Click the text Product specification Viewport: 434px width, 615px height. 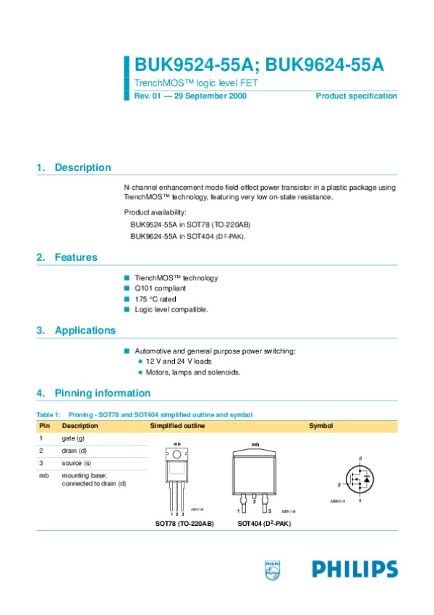tap(356, 96)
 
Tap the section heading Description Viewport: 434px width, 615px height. tap(82, 168)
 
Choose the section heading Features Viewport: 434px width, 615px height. tap(76, 257)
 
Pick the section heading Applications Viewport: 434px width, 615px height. tap(85, 331)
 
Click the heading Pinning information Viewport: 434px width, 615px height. tap(102, 393)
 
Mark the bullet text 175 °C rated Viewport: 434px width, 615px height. tap(155, 299)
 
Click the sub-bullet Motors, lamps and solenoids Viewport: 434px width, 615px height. tap(192, 372)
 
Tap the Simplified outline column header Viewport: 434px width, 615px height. tap(177, 426)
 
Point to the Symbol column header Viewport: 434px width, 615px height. tap(320, 426)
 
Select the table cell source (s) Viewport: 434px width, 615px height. tap(76, 462)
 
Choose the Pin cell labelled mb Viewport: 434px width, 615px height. tap(43, 474)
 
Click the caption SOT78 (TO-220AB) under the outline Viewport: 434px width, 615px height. tap(184, 523)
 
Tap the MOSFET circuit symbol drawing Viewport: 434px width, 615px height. tap(359, 480)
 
